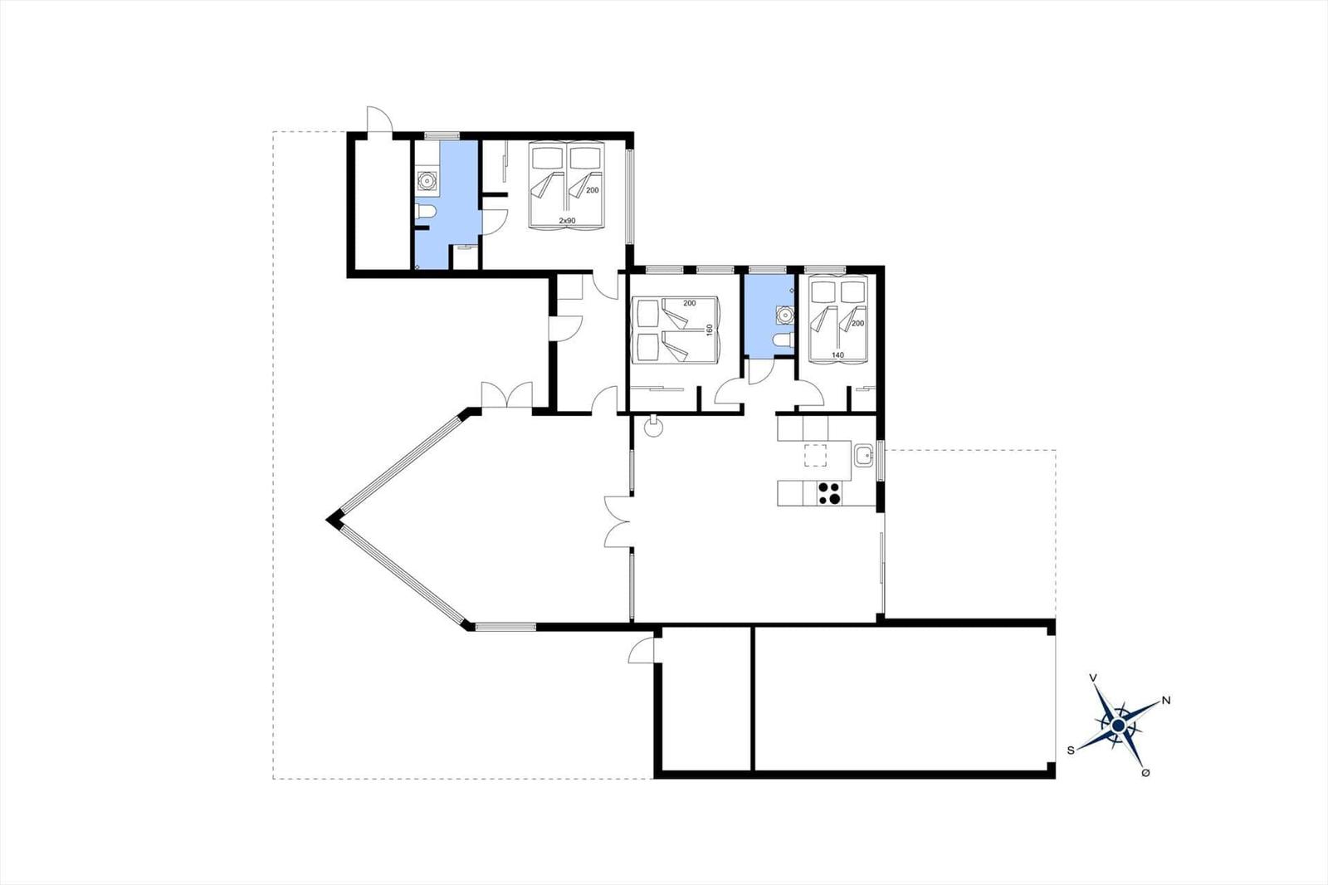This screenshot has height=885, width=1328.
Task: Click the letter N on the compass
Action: coord(1166,701)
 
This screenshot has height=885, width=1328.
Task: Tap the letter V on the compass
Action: coord(1093,677)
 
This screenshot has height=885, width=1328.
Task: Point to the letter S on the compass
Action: coord(1071,751)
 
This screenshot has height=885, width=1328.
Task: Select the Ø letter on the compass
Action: coord(1145,773)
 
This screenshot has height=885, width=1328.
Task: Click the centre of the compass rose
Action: coord(1118,726)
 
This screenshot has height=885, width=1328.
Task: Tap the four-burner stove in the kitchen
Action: coord(829,493)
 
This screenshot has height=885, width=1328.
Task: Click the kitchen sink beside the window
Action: coord(863,456)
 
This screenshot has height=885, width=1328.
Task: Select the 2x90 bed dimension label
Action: coord(568,221)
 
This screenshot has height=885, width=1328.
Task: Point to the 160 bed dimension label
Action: coord(710,330)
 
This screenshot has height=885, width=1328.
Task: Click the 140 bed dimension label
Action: coord(837,355)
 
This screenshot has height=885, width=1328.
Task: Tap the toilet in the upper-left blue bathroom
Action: coord(425,211)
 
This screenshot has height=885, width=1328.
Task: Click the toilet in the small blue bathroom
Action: coord(784,340)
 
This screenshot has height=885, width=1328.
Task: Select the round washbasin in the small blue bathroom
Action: coord(785,315)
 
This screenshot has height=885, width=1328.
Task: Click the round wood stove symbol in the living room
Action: coord(654,427)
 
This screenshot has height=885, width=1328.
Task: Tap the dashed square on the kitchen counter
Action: coord(815,455)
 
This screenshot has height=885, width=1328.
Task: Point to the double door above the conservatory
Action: coord(507,396)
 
